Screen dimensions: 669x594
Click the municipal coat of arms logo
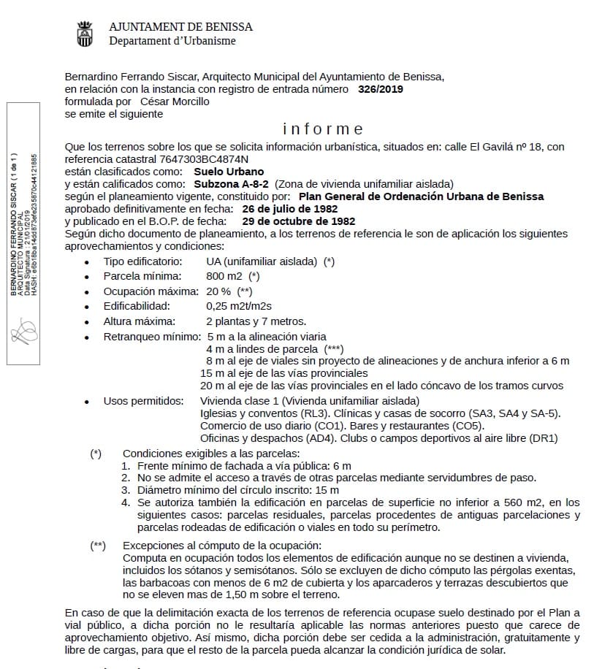[x=85, y=34]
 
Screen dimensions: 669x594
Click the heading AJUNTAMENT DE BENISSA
[x=180, y=27]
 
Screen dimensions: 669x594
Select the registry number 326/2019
[x=381, y=89]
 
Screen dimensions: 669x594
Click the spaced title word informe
[x=323, y=129]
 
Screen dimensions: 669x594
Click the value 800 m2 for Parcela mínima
[x=224, y=276]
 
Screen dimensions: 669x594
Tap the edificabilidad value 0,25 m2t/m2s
[x=239, y=306]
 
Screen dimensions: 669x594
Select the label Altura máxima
[x=139, y=321]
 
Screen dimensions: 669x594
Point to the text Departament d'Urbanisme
[x=172, y=41]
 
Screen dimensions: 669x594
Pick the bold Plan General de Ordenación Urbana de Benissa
[x=422, y=196]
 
